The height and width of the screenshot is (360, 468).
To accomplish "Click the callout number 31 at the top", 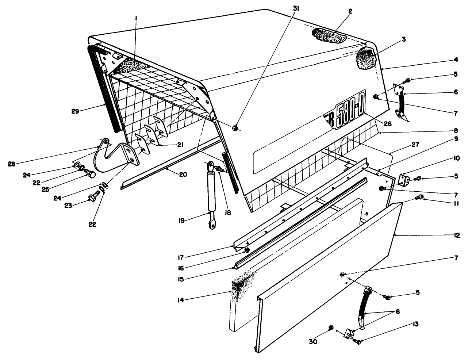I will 296,10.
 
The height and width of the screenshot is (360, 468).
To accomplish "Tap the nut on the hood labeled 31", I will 235,128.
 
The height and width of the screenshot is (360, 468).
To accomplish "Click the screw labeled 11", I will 419,198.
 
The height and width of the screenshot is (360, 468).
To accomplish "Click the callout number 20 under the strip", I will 183,175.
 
